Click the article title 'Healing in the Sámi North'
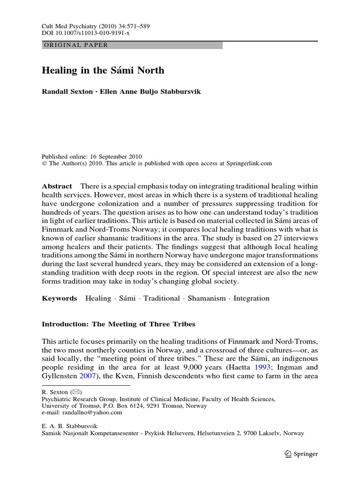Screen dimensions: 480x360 [x=103, y=70]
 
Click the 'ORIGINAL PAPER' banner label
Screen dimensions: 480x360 [x=75, y=45]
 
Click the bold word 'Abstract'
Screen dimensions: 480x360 [x=57, y=186]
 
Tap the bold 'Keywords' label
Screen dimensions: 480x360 [x=60, y=299]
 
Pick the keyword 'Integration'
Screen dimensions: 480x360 [x=251, y=299]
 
